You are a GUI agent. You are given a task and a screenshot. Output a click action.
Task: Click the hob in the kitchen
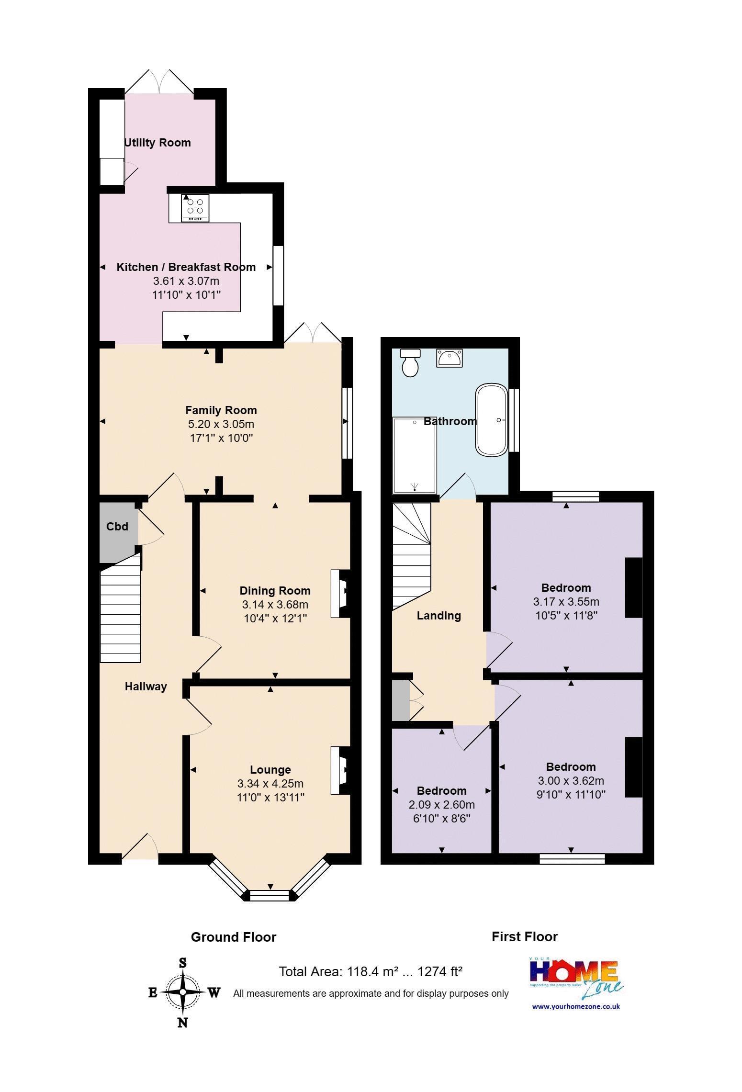(x=195, y=208)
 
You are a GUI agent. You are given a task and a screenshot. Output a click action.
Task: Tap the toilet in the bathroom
(x=410, y=362)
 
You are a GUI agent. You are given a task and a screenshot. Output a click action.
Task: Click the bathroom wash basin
(x=449, y=358)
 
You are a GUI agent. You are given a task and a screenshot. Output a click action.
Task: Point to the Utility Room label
(x=157, y=143)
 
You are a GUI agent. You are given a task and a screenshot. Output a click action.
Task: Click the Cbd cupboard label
(x=117, y=527)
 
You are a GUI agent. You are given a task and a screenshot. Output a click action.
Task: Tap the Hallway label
(x=146, y=687)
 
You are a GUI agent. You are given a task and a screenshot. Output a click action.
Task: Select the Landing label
(x=439, y=616)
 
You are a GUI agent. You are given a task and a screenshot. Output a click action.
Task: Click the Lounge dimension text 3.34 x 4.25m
(x=270, y=784)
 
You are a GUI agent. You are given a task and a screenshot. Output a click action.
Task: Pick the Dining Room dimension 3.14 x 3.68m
(x=275, y=605)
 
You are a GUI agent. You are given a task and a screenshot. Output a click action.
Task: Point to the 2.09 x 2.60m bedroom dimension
(x=442, y=805)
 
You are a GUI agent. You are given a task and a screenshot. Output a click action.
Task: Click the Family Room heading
(x=221, y=410)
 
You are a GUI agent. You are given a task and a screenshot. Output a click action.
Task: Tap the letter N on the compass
(x=183, y=1023)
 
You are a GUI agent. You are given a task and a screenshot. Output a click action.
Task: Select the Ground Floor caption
(x=234, y=937)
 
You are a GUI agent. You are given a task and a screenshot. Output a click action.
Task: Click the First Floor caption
(x=525, y=937)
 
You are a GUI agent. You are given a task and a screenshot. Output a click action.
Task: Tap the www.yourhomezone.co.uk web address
(x=576, y=1006)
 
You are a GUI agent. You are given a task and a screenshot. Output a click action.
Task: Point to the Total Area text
(x=371, y=971)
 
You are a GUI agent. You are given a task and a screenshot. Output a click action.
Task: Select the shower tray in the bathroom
(x=415, y=455)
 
